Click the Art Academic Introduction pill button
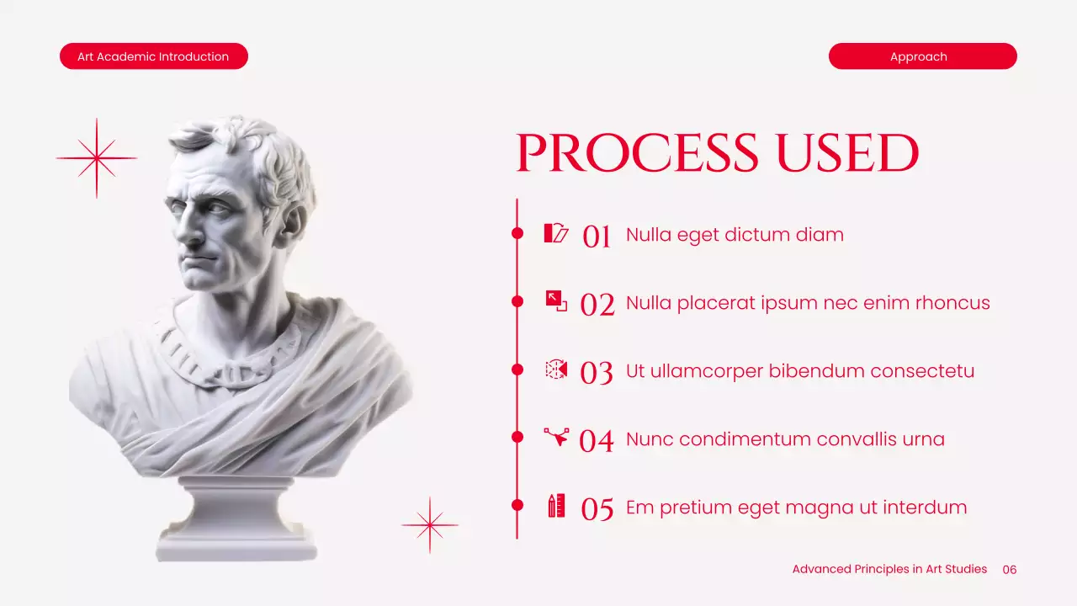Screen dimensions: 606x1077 (x=153, y=56)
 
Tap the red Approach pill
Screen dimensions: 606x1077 (x=922, y=56)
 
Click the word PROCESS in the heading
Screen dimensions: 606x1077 (x=636, y=153)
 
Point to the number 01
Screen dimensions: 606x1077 (x=597, y=237)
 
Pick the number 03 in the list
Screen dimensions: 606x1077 (x=597, y=373)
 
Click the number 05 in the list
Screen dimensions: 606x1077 (x=597, y=509)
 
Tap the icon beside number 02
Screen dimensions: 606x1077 (x=556, y=300)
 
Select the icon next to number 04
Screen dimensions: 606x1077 (x=556, y=436)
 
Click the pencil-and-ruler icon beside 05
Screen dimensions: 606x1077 (x=556, y=506)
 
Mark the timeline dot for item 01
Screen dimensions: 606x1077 (x=517, y=233)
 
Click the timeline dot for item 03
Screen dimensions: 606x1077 (x=517, y=369)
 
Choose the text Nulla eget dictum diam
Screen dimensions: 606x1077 (x=735, y=235)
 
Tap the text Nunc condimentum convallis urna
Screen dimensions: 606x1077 (x=785, y=439)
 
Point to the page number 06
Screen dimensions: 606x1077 (x=1010, y=570)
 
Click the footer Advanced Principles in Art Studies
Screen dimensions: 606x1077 (x=889, y=569)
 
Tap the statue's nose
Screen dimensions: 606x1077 (x=183, y=226)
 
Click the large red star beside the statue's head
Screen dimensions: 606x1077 (x=97, y=158)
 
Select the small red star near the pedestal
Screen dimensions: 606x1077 (x=430, y=525)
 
